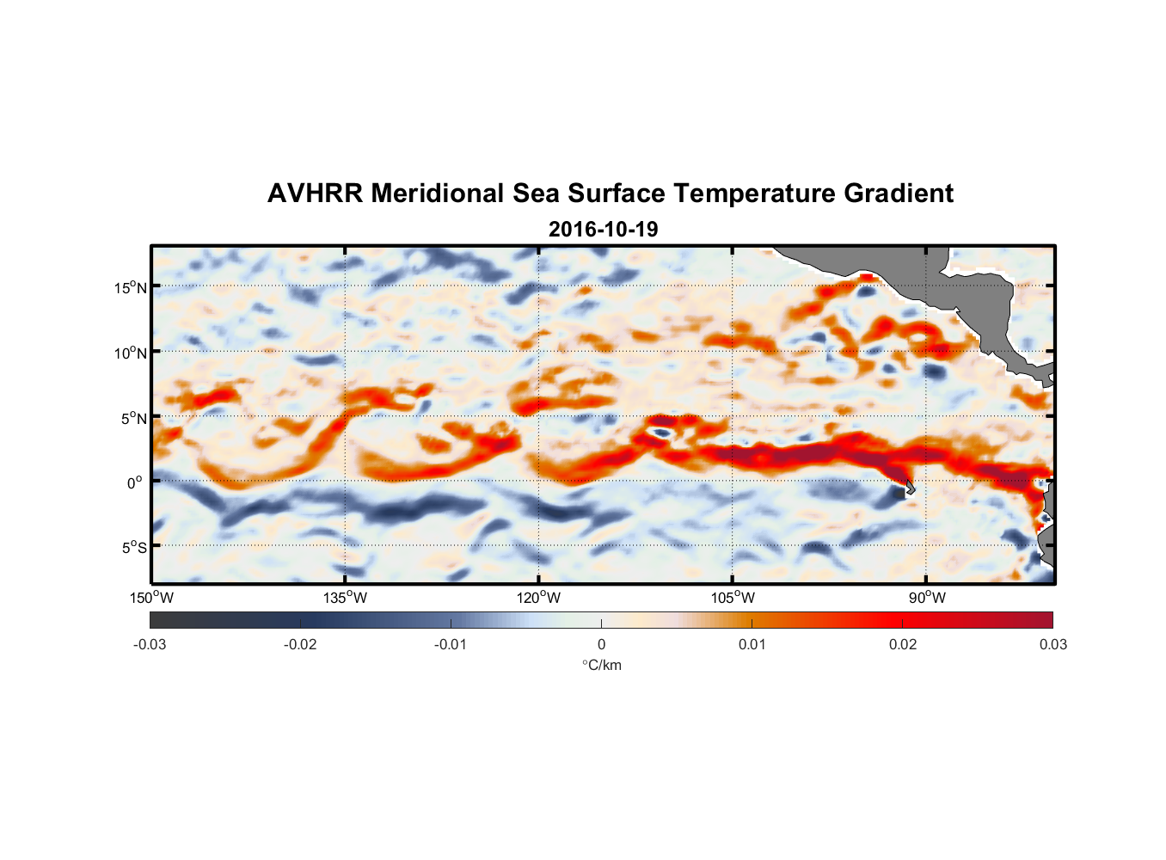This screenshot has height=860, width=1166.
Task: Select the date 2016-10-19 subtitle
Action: click(x=603, y=230)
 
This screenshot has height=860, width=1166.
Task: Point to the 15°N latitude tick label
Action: click(x=131, y=287)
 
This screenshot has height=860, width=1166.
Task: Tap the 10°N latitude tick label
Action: click(x=131, y=353)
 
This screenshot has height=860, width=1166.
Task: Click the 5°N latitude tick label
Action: click(x=133, y=418)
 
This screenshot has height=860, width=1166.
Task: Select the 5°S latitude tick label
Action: click(x=133, y=548)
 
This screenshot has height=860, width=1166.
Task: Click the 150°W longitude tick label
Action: click(x=151, y=598)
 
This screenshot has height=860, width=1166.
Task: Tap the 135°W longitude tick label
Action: click(x=345, y=598)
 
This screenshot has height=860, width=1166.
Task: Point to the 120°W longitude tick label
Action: click(x=538, y=598)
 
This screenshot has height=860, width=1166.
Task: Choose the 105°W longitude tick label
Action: click(x=733, y=598)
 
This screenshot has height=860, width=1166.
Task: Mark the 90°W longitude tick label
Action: click(x=926, y=598)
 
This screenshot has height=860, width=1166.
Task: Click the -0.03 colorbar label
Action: click(x=150, y=645)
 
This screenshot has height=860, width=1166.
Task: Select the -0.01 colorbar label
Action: click(x=451, y=645)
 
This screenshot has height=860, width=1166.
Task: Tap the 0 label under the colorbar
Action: click(x=601, y=645)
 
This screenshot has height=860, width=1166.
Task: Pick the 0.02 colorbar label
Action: click(x=903, y=645)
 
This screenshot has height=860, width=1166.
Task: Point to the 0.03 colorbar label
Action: click(x=1052, y=645)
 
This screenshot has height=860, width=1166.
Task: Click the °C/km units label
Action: click(x=601, y=665)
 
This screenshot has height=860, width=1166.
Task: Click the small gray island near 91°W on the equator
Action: click(x=908, y=488)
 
